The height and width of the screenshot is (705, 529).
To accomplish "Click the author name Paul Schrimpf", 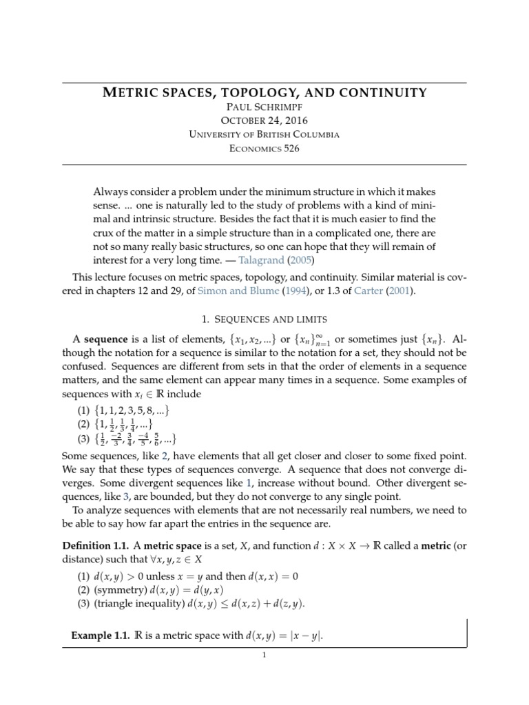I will pos(264,107).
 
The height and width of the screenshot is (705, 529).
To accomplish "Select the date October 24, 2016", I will pos(264,120).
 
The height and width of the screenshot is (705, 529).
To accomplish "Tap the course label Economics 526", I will pos(264,148).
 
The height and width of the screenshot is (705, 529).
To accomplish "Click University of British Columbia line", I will pos(264,134).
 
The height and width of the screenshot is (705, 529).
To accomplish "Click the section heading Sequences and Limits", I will pos(264,320).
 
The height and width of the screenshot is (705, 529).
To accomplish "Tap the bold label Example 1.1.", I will pos(100,635).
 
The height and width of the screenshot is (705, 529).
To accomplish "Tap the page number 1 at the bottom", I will pos(264,655).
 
